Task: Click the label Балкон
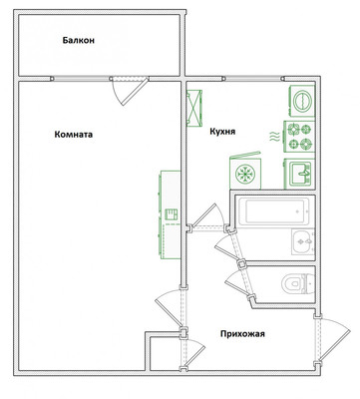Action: point(79,41)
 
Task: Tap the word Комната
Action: point(74,135)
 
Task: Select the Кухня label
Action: point(222,132)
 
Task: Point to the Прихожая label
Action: point(242,334)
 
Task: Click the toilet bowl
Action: point(298,283)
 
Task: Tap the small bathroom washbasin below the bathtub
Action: point(303,242)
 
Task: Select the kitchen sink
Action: point(299,174)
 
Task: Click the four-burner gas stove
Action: point(299,137)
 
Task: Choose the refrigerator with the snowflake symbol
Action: point(245,172)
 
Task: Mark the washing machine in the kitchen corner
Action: point(302,101)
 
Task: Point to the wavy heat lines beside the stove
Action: point(274,137)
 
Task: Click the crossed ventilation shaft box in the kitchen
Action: point(194,108)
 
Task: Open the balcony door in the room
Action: point(130,91)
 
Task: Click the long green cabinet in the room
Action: point(170,214)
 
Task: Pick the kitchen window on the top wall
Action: point(253,79)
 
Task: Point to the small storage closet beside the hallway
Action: point(165,353)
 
